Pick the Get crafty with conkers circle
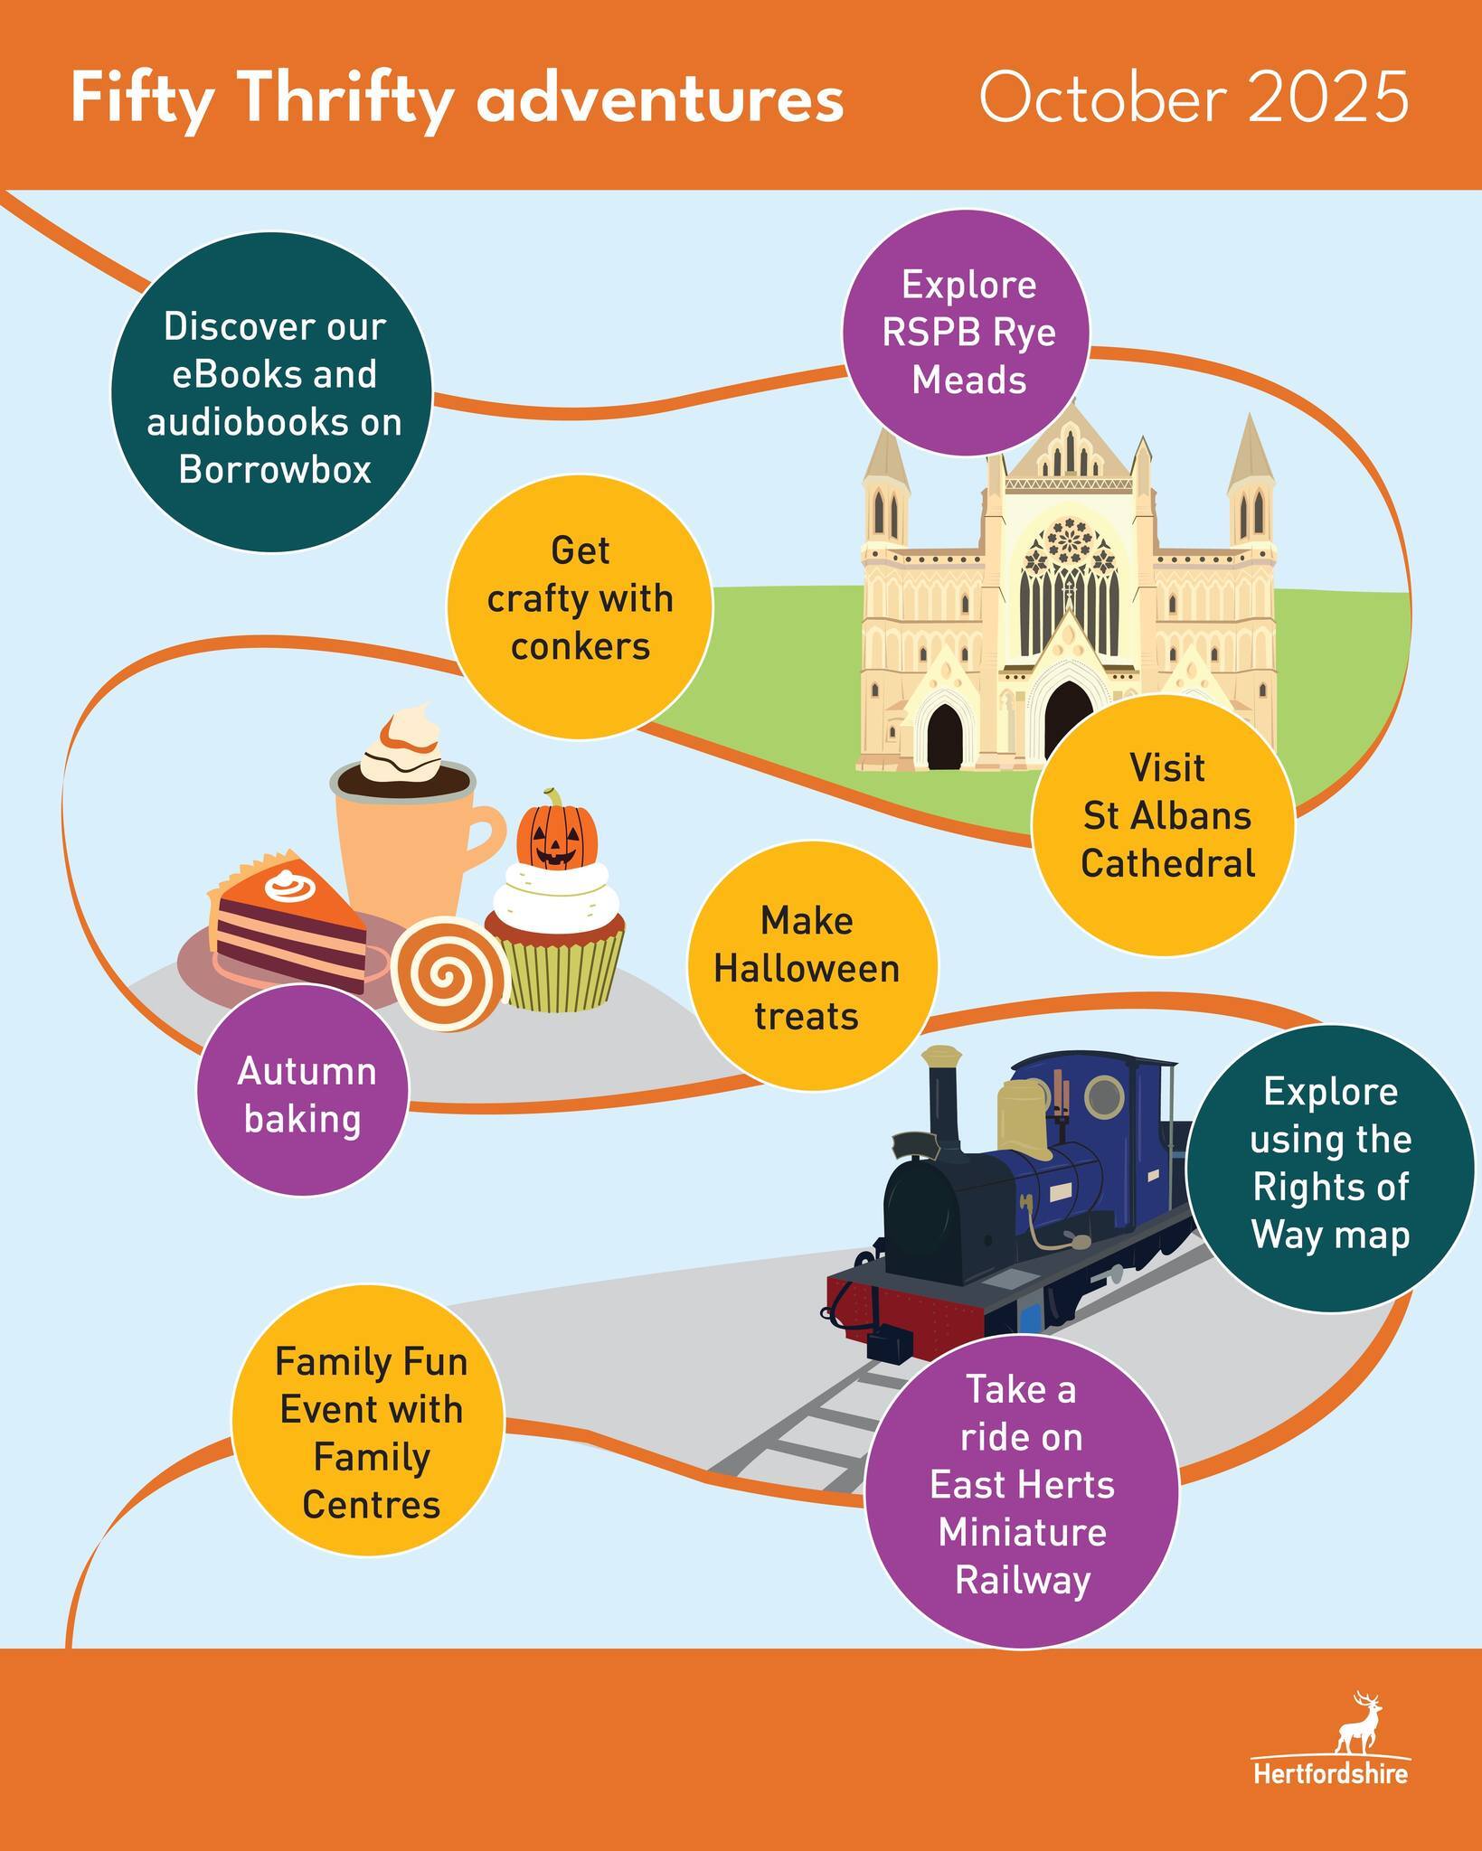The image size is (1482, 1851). pos(580,599)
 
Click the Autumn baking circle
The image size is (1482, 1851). pos(303,1095)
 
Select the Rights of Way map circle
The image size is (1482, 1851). pos(1330,1164)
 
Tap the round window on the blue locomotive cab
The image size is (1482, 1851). pos(1103,1095)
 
